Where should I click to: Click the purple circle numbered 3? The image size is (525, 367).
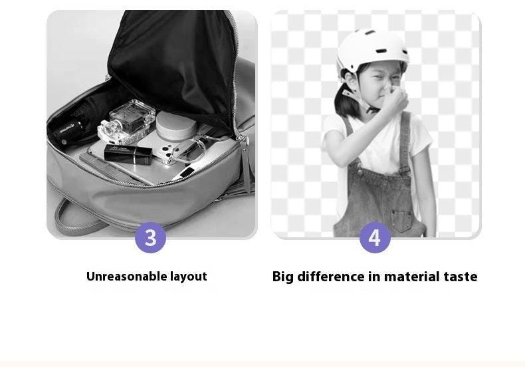(x=150, y=238)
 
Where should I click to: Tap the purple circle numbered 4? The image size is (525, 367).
(x=375, y=238)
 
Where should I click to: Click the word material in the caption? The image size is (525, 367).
(x=412, y=277)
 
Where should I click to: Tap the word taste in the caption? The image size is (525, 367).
(x=461, y=277)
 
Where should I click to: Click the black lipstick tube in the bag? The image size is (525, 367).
(x=128, y=154)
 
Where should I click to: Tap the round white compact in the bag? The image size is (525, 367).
(x=176, y=126)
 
